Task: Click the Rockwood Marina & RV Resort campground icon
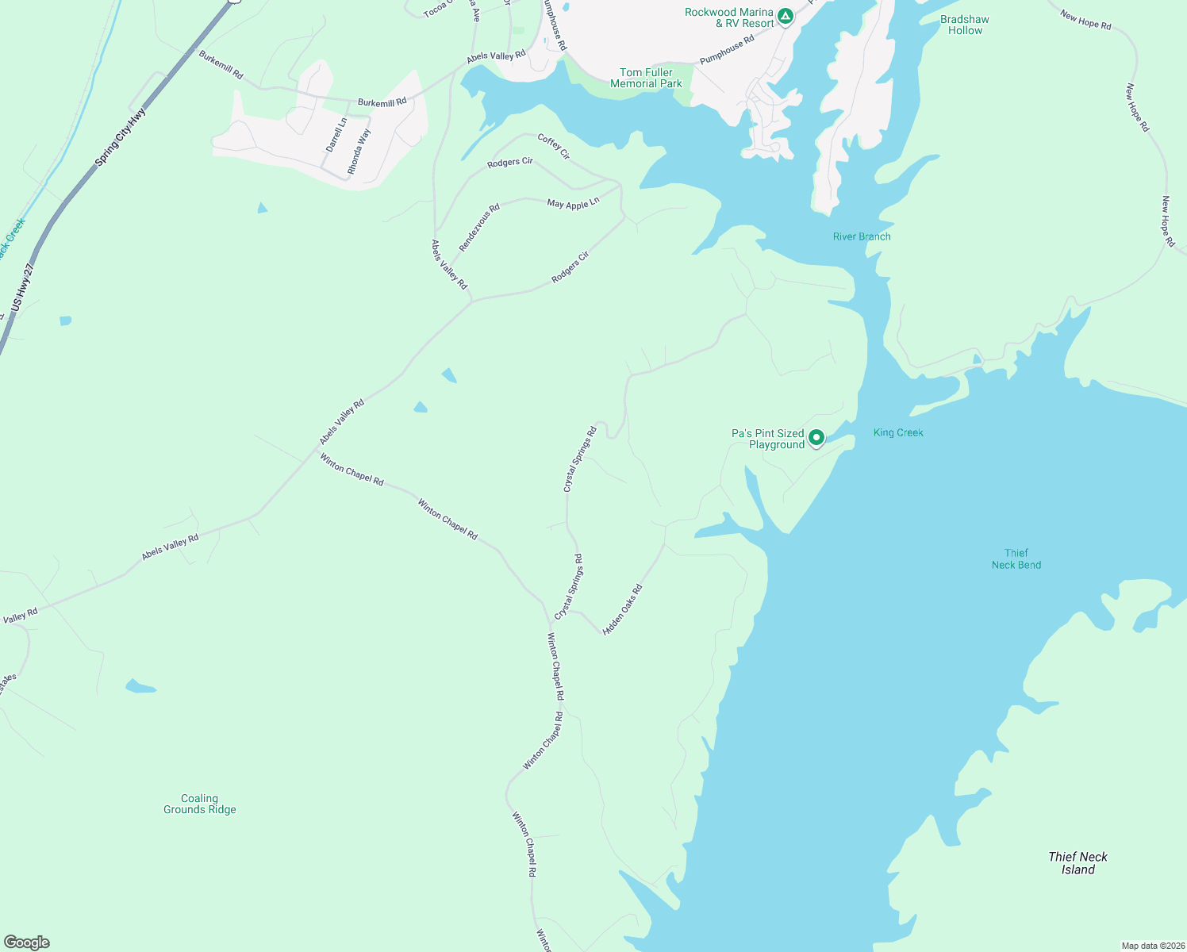[x=786, y=16]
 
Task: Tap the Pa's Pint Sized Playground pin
[x=816, y=438]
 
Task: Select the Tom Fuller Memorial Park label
[x=646, y=78]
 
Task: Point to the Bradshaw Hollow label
[x=965, y=25]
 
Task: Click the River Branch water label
[x=862, y=236]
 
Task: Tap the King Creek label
[x=898, y=432]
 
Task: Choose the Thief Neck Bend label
[x=1016, y=559]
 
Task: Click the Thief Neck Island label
[x=1078, y=863]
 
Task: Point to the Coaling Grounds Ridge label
[x=200, y=804]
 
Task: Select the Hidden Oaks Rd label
[x=623, y=610]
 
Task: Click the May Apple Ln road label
[x=573, y=203]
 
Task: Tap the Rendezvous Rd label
[x=479, y=228]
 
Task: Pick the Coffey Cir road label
[x=554, y=146]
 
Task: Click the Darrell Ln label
[x=336, y=135]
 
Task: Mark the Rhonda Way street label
[x=359, y=152]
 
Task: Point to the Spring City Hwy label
[x=121, y=137]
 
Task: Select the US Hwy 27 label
[x=22, y=287]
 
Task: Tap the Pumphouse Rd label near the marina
[x=727, y=50]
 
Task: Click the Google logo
[x=27, y=942]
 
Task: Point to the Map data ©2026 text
[x=1152, y=946]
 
